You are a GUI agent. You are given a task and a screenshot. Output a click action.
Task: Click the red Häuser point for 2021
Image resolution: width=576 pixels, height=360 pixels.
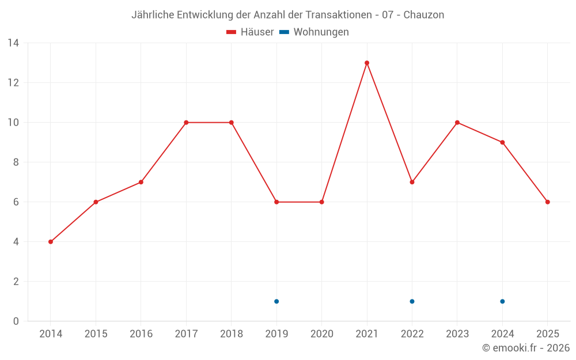pos(367,63)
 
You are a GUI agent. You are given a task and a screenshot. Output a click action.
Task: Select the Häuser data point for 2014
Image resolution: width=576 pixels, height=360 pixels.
pos(51,242)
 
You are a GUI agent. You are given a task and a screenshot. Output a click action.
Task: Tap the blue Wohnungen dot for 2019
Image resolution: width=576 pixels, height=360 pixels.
pos(276,301)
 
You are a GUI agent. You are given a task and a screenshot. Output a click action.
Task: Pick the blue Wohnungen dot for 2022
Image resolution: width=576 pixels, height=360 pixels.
pos(412,301)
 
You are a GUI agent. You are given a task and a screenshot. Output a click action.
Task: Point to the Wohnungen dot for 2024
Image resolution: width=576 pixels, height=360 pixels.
pos(502,301)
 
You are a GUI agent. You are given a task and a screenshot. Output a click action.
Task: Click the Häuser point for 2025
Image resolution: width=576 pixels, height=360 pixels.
pos(548,202)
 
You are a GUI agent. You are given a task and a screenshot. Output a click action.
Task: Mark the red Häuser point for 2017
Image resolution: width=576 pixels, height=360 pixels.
pos(186,123)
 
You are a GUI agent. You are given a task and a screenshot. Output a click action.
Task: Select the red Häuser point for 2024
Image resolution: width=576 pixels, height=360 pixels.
pos(502,142)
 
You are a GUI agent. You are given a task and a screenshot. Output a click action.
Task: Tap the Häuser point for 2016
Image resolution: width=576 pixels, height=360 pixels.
pos(141,182)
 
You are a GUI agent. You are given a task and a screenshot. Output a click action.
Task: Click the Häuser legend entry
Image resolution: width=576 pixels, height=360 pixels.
pos(250,32)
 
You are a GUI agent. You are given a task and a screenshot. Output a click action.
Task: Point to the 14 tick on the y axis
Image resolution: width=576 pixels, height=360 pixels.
pos(13,43)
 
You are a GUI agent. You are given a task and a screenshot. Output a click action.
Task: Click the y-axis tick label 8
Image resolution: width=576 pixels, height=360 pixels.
pos(16,162)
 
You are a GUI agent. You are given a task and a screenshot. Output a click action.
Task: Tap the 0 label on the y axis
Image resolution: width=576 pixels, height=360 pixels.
pos(16,321)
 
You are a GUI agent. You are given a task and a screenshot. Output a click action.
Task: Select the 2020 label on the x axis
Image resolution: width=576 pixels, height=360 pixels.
pos(321,334)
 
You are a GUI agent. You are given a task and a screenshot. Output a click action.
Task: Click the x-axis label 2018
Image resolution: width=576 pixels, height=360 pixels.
pos(231,334)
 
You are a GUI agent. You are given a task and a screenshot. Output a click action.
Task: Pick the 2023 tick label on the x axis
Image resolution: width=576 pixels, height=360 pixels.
pos(457,334)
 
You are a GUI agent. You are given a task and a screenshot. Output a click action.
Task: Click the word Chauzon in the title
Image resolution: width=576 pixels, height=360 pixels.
pos(423,15)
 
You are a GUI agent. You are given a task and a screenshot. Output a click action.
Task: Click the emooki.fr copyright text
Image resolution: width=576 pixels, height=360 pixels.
pos(526,348)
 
